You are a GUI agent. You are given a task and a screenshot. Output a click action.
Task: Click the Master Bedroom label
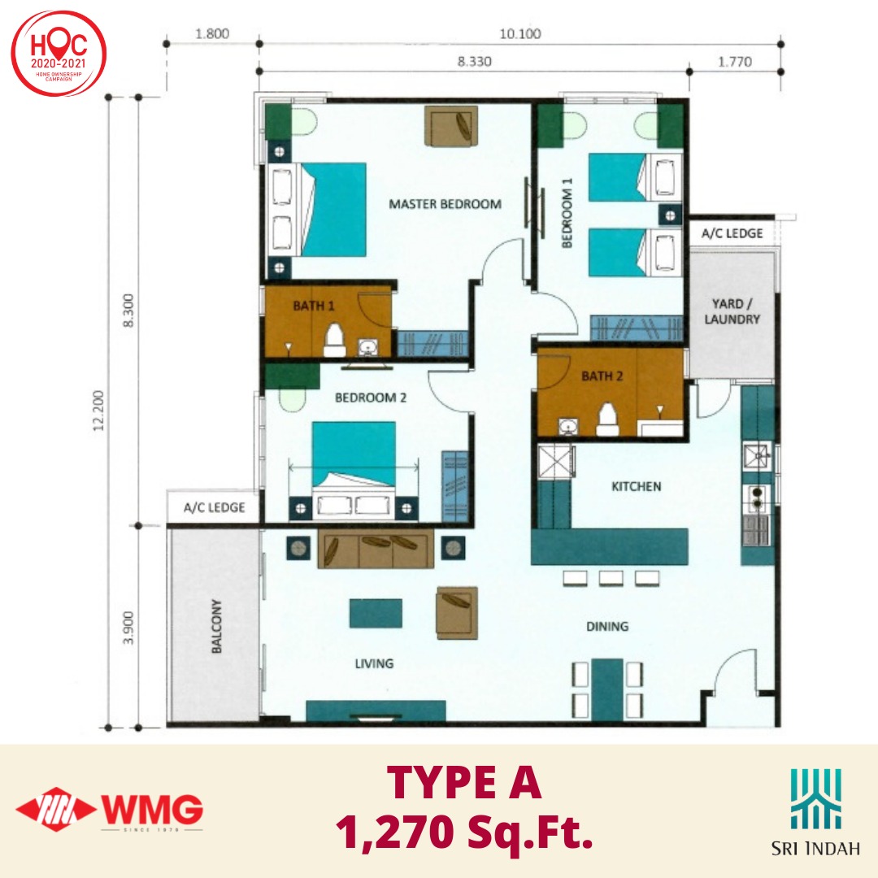[446, 204]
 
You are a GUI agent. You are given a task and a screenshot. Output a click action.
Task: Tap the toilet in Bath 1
[335, 340]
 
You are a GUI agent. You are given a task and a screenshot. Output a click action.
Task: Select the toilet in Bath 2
[607, 419]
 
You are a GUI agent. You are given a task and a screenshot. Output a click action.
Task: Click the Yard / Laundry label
[732, 311]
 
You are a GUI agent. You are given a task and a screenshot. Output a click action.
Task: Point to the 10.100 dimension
[520, 33]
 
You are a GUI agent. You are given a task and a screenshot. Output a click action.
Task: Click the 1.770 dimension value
[735, 62]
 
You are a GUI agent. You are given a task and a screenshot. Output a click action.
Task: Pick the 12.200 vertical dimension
[98, 411]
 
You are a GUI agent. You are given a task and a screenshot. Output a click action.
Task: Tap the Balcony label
[217, 626]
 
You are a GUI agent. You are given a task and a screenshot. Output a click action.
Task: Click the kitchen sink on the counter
[757, 456]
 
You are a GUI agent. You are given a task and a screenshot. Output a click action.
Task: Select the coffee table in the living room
[376, 613]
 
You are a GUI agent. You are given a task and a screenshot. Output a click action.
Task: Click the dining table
[607, 690]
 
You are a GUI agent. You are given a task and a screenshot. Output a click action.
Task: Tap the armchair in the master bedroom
[451, 126]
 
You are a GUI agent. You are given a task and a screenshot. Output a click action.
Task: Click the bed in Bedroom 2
[354, 468]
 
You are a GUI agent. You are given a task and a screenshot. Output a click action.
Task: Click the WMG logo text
[152, 809]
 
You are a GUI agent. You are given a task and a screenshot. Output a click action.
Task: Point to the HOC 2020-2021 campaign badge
[59, 54]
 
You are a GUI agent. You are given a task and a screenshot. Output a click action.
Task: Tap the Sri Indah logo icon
[816, 799]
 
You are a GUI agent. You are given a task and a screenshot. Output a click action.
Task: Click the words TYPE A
[464, 782]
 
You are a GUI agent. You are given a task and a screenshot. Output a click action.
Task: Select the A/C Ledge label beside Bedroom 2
[215, 507]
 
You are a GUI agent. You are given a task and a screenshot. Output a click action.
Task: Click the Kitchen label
[636, 486]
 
